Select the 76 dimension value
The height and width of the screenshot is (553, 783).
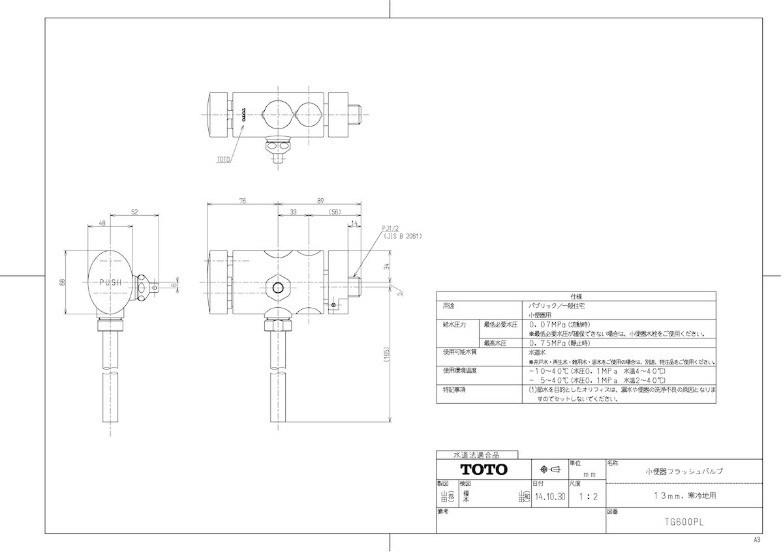pos(242,202)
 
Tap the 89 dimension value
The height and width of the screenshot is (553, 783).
pos(320,202)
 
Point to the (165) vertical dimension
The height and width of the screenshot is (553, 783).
pos(387,354)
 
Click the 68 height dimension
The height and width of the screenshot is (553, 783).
pos(63,282)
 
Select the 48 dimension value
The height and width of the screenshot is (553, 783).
pos(102,223)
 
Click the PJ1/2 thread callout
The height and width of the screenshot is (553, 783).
pos(391,229)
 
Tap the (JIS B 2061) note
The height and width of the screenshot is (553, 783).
pos(403,236)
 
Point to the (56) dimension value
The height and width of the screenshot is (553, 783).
pos(335,212)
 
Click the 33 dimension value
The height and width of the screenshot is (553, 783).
pos(293,212)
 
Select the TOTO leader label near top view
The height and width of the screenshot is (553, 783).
pos(223,158)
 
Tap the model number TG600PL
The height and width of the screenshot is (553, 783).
pos(683,522)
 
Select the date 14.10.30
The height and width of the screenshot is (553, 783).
pos(549,496)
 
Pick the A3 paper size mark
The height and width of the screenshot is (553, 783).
pos(757,541)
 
